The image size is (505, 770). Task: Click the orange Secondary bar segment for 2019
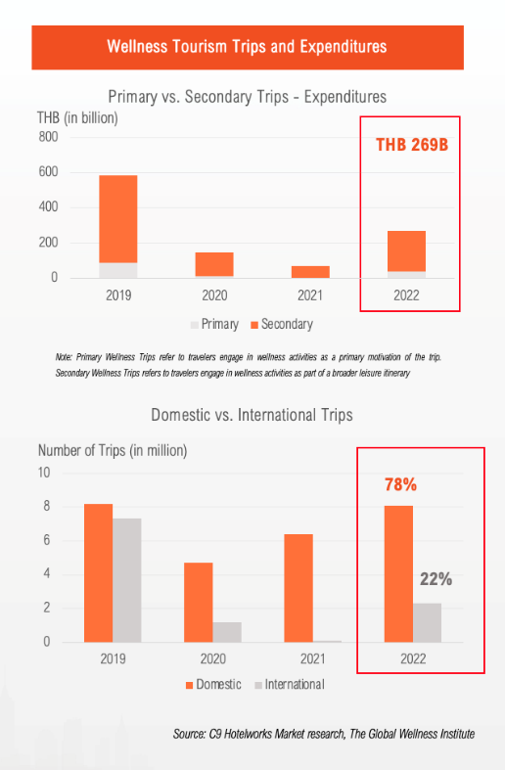click(x=117, y=219)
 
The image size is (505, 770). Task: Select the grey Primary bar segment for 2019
click(x=117, y=271)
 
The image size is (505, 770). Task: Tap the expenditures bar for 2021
click(x=310, y=272)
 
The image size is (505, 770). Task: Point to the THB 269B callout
click(x=412, y=145)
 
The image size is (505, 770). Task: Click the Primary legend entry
click(x=214, y=324)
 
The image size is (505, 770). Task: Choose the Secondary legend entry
click(x=282, y=324)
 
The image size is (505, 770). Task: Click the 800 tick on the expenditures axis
click(x=48, y=137)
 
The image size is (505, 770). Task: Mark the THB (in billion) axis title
click(x=77, y=117)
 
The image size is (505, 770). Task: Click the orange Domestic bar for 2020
click(x=199, y=602)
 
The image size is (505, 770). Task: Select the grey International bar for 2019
click(x=127, y=580)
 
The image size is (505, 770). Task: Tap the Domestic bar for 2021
click(x=298, y=588)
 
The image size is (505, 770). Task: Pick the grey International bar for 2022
click(x=427, y=622)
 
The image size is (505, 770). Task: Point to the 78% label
click(x=400, y=484)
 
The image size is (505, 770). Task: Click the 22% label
click(x=436, y=579)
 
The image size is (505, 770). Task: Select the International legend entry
click(x=290, y=685)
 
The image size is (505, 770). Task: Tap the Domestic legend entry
click(x=213, y=685)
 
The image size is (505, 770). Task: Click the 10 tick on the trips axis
click(x=44, y=473)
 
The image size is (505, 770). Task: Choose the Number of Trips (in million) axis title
click(x=113, y=450)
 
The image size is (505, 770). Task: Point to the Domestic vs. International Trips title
click(x=252, y=415)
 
